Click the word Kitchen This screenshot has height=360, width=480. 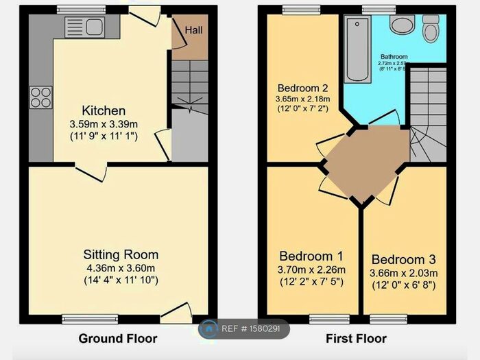tap(104, 110)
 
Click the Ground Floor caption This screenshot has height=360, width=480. tap(117, 338)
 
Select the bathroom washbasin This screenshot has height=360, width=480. tap(400, 25)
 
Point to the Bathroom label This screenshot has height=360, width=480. tap(394, 57)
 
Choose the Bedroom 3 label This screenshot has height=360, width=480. tap(403, 260)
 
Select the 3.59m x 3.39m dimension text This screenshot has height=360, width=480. tap(104, 124)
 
